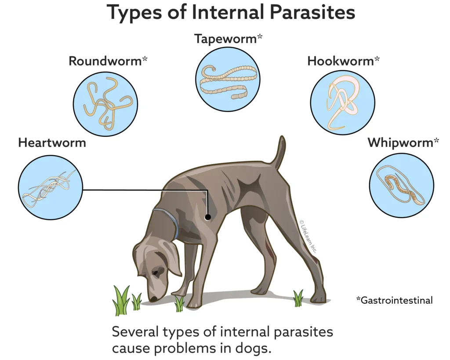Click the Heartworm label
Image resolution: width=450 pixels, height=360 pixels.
pos(52,143)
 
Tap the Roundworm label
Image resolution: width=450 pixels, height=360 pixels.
pos(108,61)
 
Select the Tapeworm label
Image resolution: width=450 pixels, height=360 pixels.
pos(228,39)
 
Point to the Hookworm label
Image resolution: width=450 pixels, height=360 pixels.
pos(343,61)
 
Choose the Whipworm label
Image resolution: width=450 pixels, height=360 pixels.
pos(403,142)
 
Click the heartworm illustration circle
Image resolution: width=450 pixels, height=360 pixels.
pos(51,187)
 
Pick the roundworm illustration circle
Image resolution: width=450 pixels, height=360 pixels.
pos(105,104)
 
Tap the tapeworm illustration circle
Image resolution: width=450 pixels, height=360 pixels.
pos(228,79)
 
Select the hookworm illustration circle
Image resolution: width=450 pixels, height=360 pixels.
pos(343,102)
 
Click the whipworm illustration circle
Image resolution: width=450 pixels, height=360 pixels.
pos(402,185)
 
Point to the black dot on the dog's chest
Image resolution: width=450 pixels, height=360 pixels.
pos(207,217)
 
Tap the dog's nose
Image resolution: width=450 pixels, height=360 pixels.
pos(153,299)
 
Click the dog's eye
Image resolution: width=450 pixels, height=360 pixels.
pos(157,272)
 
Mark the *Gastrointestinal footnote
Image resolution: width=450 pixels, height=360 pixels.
pos(394,300)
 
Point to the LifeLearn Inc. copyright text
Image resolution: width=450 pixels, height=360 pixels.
pos(308,237)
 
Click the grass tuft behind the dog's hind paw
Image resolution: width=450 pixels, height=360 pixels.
pos(298,298)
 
